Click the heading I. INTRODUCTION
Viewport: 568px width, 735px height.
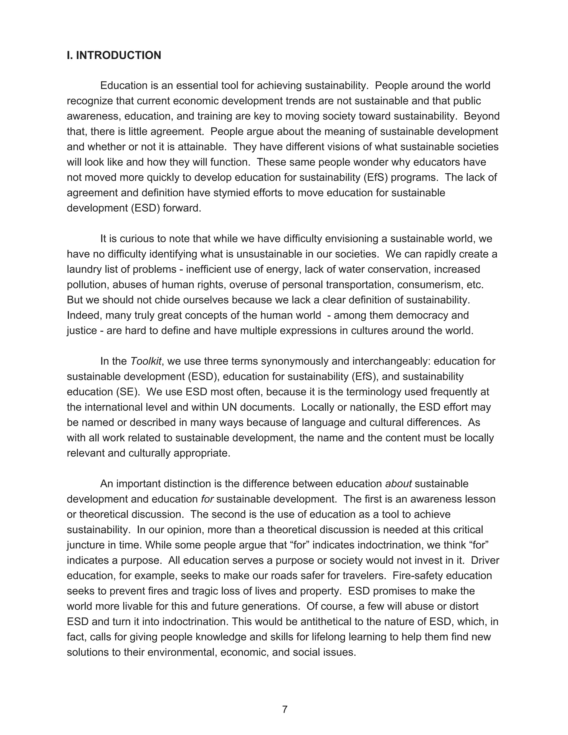(x=114, y=55)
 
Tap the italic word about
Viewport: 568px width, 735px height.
(x=399, y=484)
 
